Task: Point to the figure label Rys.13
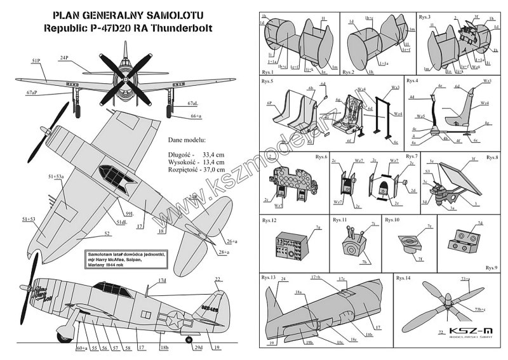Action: (269, 278)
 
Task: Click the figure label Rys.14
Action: (403, 278)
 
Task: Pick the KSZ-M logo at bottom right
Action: (465, 330)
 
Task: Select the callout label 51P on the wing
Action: (35, 60)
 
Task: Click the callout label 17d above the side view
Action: (163, 280)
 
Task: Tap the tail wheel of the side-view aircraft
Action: (189, 340)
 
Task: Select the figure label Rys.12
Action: (269, 220)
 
